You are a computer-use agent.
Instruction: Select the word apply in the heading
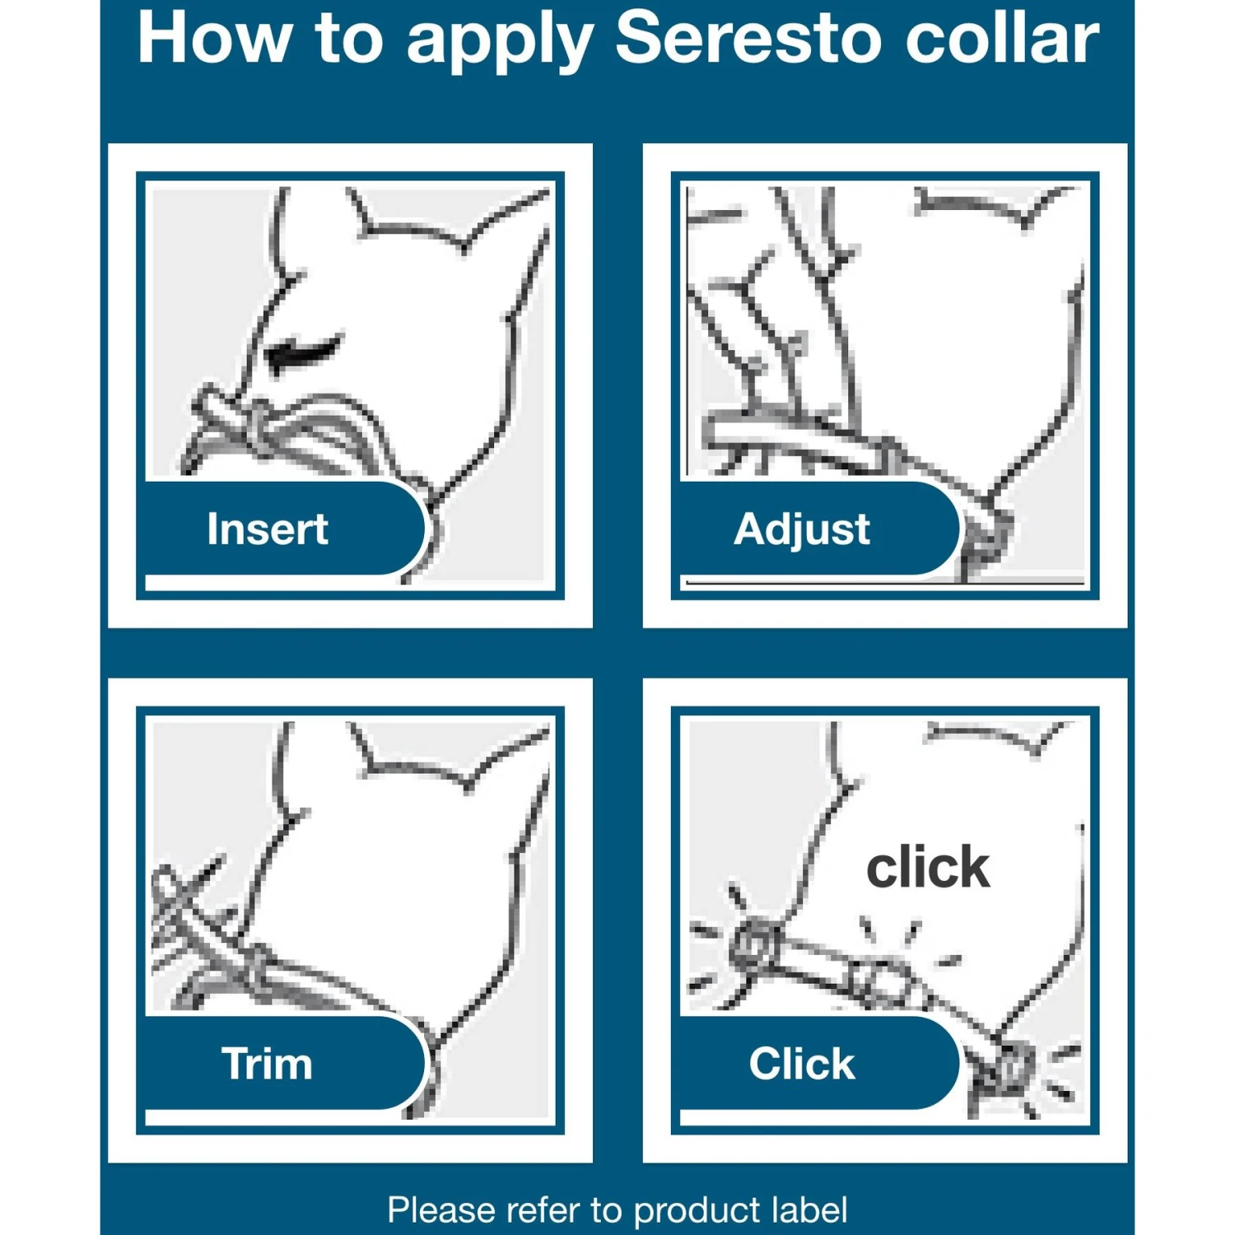500,41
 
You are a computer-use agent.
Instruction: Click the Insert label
267,529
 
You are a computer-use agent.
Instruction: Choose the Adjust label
801,529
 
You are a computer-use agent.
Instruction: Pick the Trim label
267,1063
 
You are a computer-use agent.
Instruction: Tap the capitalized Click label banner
801,1063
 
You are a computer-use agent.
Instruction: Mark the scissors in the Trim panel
185,902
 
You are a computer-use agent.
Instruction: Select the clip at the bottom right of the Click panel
1009,1070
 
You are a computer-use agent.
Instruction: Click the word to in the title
349,38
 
